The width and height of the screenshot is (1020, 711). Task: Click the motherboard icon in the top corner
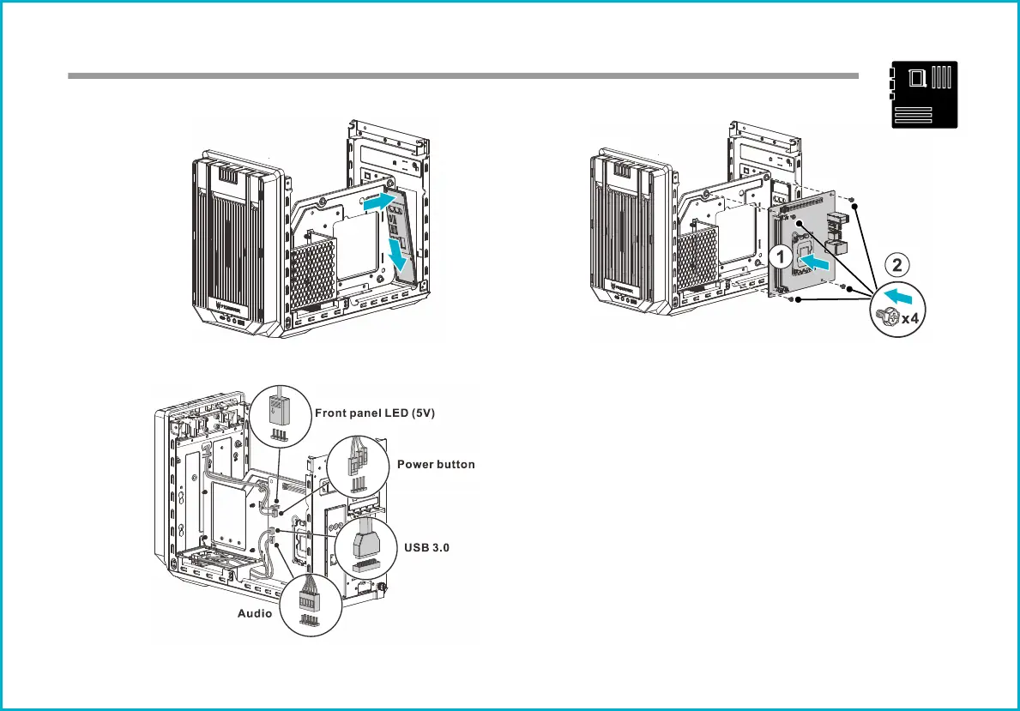tap(924, 94)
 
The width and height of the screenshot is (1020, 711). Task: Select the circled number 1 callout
tap(781, 257)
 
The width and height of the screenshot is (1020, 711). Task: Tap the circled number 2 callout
tap(897, 265)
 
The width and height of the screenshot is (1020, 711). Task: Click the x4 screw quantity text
tap(910, 319)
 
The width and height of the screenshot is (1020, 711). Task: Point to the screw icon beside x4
tap(887, 316)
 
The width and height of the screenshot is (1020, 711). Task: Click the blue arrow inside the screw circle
tap(899, 296)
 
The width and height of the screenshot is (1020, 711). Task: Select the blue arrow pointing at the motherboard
tap(814, 262)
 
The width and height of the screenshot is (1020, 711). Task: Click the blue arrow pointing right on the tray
tap(379, 201)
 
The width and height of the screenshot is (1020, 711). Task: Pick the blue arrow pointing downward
tap(397, 255)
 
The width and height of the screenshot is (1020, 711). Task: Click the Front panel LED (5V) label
tap(375, 413)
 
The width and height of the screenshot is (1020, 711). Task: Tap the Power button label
tap(436, 465)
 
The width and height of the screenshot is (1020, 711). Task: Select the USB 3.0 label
tap(426, 548)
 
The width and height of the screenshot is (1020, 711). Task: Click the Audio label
tap(254, 613)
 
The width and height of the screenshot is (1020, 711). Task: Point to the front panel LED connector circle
tap(281, 416)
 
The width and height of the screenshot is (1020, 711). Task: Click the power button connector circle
tap(358, 467)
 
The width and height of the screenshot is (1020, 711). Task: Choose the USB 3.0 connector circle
tap(366, 548)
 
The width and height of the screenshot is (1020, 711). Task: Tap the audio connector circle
tap(311, 605)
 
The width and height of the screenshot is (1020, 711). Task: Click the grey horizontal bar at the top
tap(463, 76)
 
